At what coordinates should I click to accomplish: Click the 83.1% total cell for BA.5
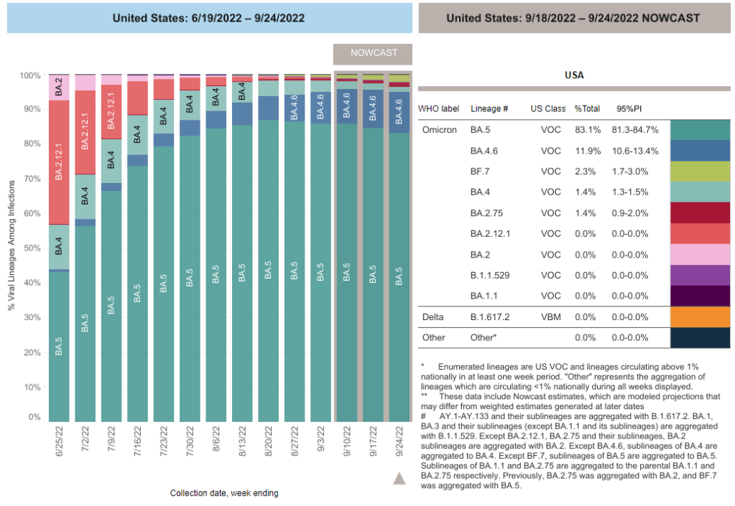click(586, 130)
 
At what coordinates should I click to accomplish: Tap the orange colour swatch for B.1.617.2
click(700, 317)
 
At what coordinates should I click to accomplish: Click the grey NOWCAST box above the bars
click(374, 53)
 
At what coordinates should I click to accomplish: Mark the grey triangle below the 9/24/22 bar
click(399, 479)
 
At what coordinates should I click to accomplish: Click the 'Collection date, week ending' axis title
click(224, 493)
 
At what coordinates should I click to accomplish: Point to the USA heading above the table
click(574, 75)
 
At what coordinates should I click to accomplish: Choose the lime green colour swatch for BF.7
click(700, 172)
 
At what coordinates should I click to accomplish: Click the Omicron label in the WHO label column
click(439, 130)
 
